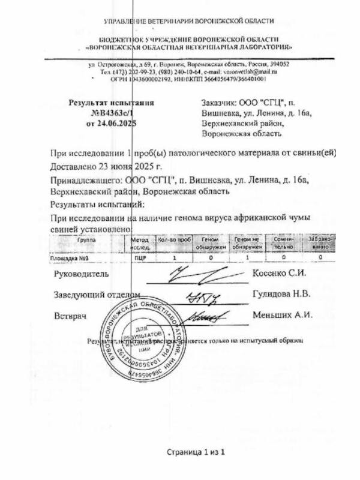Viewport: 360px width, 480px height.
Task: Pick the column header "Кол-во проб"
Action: coord(173,239)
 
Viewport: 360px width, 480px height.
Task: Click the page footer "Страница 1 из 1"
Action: coord(196,452)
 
